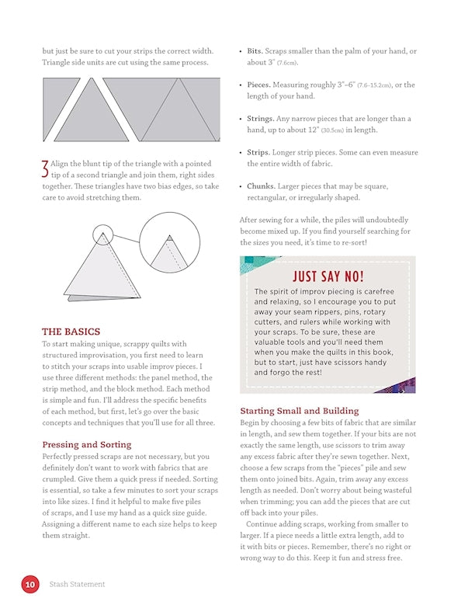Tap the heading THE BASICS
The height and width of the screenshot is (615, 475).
tap(71, 331)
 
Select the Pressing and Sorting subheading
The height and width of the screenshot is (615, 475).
tap(86, 445)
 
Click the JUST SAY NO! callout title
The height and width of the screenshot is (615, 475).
tap(328, 277)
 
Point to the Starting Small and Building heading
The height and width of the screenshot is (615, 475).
tap(299, 411)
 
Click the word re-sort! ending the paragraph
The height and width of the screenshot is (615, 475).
tap(378, 243)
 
